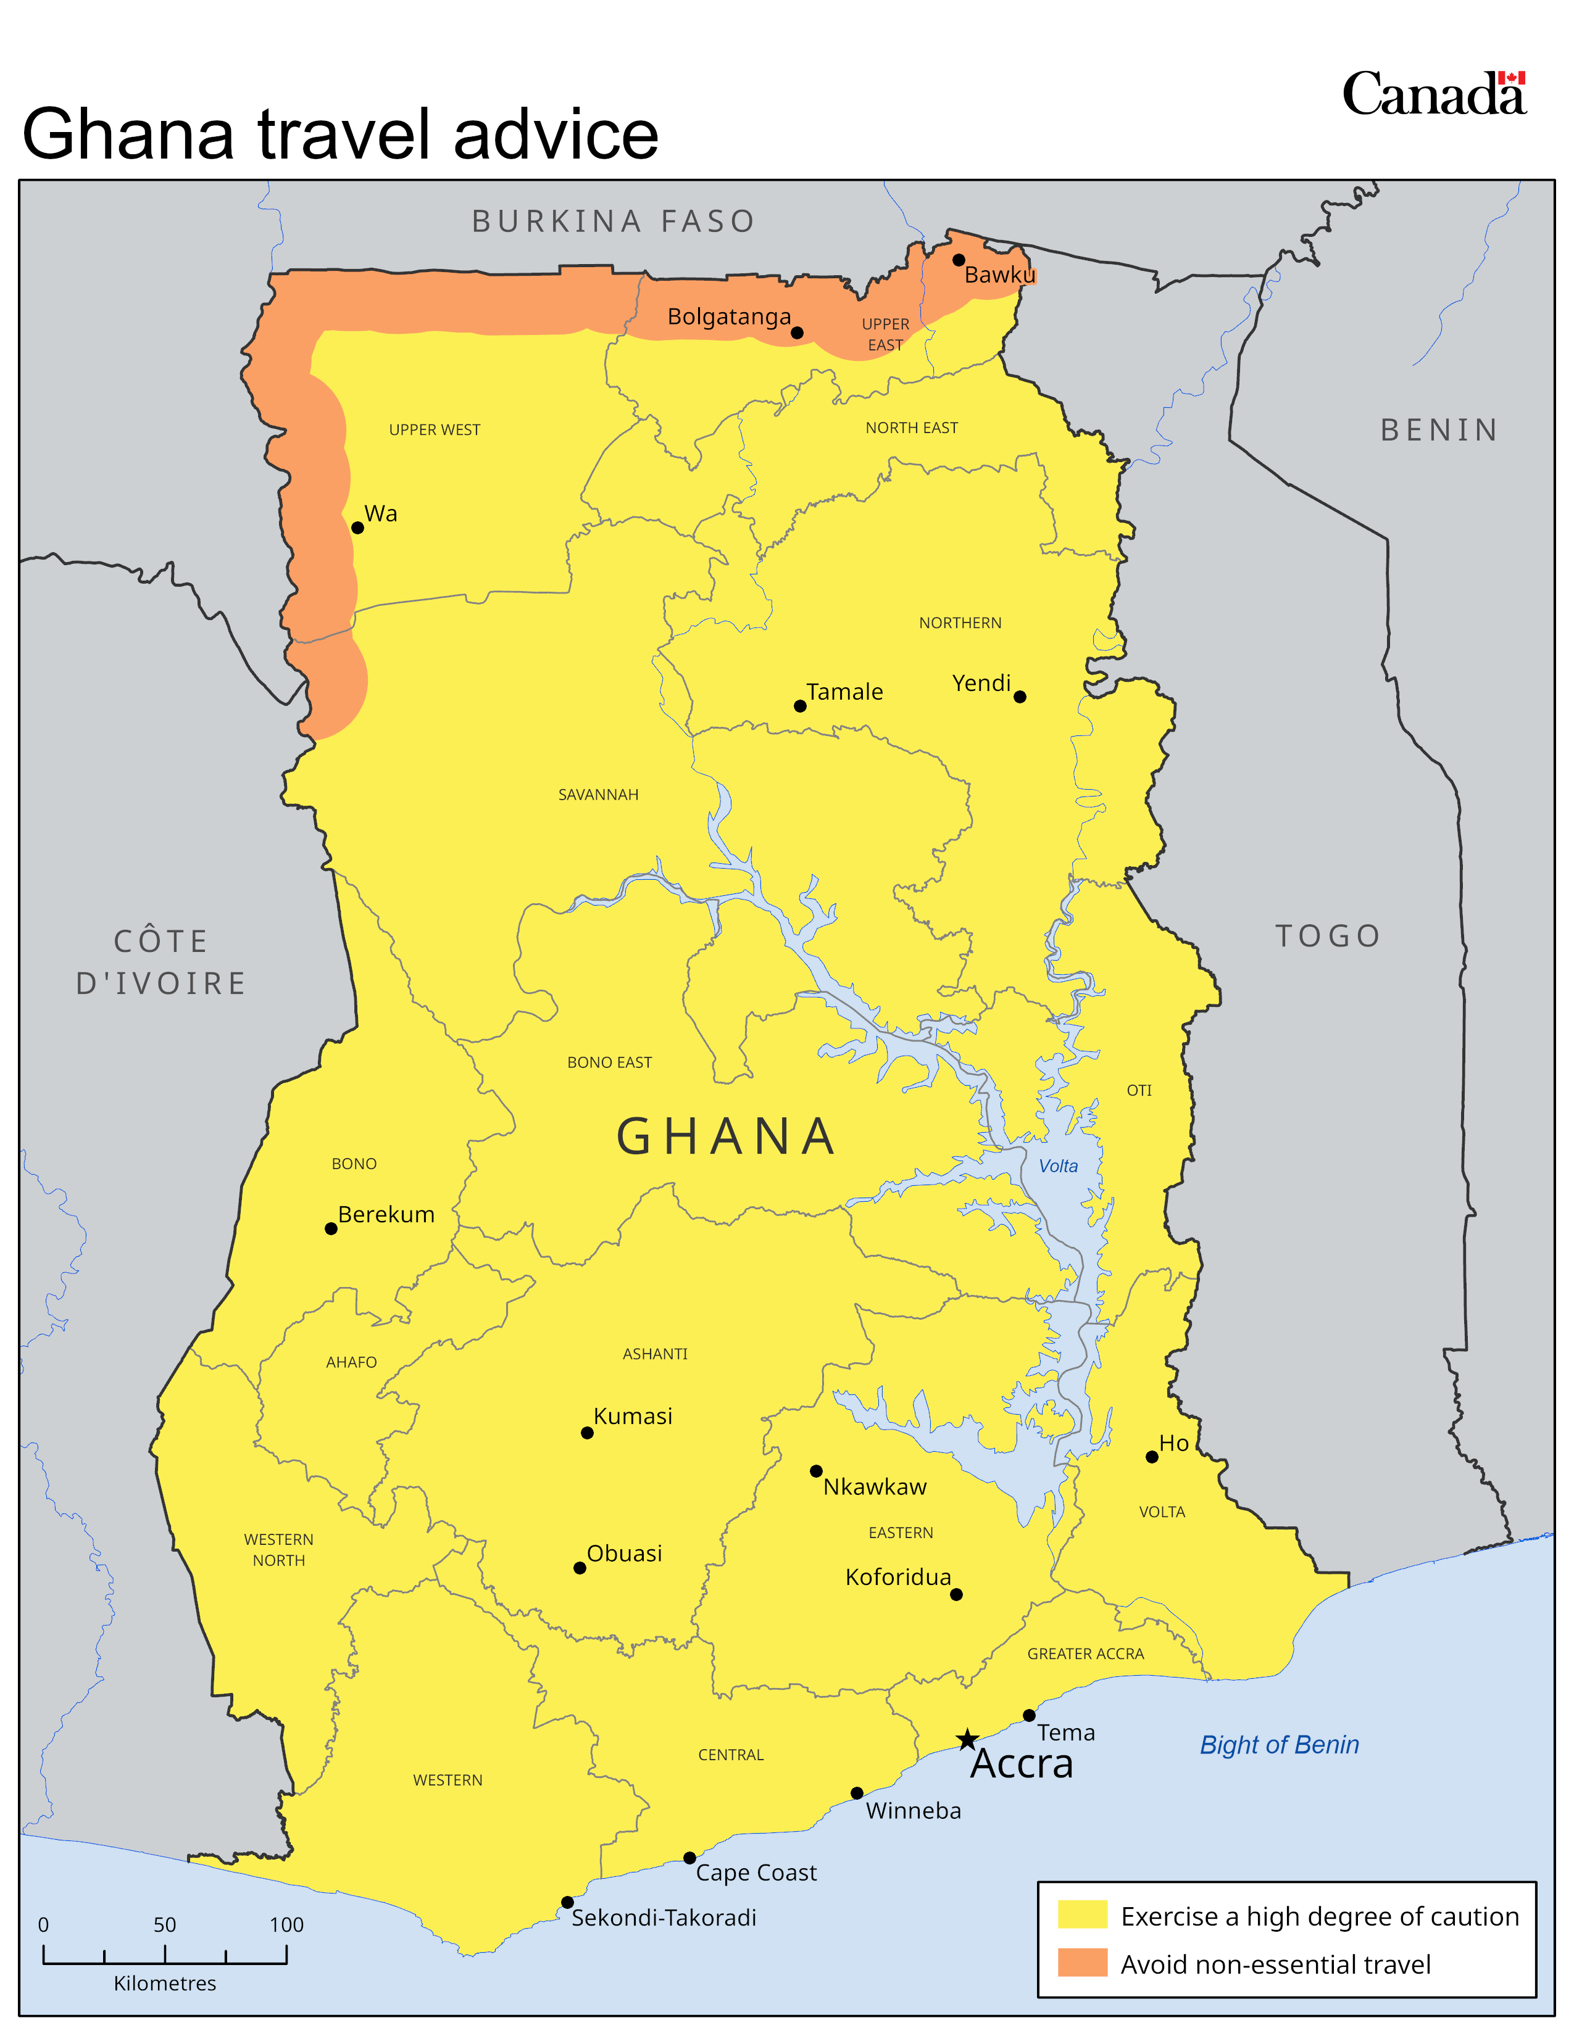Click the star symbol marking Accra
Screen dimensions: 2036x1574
coord(967,1740)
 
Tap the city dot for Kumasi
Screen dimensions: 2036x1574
coord(586,1433)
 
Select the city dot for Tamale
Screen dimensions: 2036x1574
coord(800,706)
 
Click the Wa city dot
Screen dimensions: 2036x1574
coord(357,528)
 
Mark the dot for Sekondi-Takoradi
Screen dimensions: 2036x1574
coord(567,1902)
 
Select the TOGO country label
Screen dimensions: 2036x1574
coord(1328,935)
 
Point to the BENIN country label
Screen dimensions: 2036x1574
coord(1439,430)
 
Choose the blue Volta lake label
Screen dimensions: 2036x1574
coord(1059,1165)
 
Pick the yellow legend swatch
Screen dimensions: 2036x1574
coord(1081,1915)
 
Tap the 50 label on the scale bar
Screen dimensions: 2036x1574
coord(165,1924)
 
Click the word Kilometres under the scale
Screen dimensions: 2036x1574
coord(165,1983)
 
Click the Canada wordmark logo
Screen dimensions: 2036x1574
coord(1433,94)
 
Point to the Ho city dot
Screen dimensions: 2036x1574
coord(1152,1456)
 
